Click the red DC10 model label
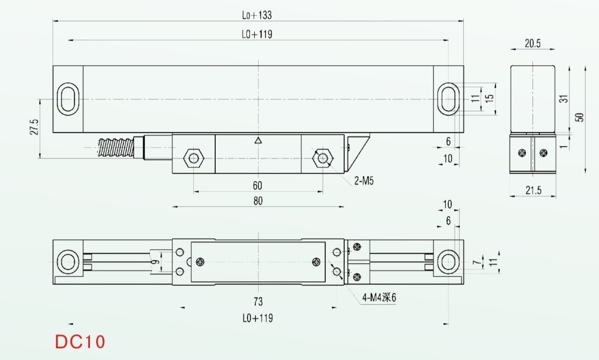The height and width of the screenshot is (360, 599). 80,342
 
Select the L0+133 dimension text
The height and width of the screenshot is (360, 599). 256,15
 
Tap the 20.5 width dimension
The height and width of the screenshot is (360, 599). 533,43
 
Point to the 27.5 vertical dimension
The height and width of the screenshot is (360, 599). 35,127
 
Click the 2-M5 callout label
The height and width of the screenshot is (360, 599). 364,181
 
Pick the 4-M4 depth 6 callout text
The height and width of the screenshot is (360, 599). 379,297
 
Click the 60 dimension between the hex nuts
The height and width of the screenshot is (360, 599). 258,186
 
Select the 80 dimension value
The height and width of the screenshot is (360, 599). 258,201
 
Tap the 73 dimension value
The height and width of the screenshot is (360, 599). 258,301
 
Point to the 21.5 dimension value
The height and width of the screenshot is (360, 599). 533,190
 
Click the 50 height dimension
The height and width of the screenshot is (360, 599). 579,117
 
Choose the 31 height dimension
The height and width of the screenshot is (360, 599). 564,98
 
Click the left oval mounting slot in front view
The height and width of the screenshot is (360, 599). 68,99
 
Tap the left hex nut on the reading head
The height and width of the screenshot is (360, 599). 194,158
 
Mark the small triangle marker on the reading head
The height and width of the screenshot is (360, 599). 258,140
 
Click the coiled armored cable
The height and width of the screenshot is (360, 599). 116,148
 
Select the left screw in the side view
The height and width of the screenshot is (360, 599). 522,153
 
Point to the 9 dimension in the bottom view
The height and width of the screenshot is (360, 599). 155,262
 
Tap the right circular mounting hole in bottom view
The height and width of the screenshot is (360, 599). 448,262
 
